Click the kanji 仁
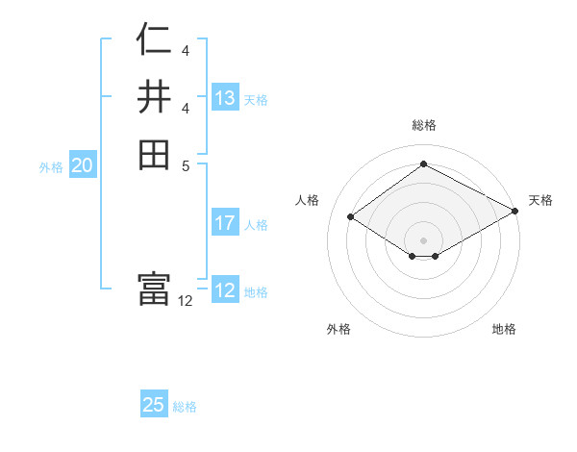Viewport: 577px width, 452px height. (154, 40)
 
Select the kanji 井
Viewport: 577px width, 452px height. (154, 97)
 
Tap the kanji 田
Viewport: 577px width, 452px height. (154, 154)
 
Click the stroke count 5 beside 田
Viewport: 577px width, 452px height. (185, 165)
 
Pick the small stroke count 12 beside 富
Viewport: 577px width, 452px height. (186, 300)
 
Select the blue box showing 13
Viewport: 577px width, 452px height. (225, 98)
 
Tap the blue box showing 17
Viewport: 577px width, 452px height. (225, 223)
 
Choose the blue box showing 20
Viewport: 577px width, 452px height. (83, 165)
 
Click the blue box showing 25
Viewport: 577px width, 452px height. (154, 405)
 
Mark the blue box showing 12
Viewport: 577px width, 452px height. (225, 290)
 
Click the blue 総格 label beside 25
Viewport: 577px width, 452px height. (185, 407)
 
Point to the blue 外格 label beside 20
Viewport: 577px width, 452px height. (51, 167)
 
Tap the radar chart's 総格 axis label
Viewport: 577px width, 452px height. (423, 125)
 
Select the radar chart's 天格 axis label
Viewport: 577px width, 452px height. (540, 200)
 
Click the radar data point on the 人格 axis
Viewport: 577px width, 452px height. (351, 217)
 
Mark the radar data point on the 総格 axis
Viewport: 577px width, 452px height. (423, 164)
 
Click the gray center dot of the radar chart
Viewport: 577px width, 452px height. (423, 239)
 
